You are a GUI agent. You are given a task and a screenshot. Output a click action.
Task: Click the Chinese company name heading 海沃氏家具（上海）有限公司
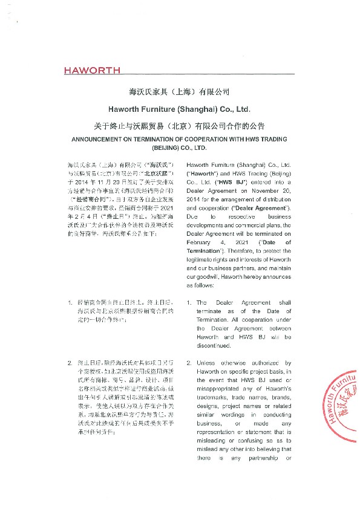180,92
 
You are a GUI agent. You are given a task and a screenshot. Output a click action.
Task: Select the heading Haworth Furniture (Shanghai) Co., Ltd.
180,109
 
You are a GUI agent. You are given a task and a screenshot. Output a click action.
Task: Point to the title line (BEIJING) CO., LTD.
180,148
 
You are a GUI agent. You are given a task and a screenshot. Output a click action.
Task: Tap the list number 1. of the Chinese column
71,301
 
